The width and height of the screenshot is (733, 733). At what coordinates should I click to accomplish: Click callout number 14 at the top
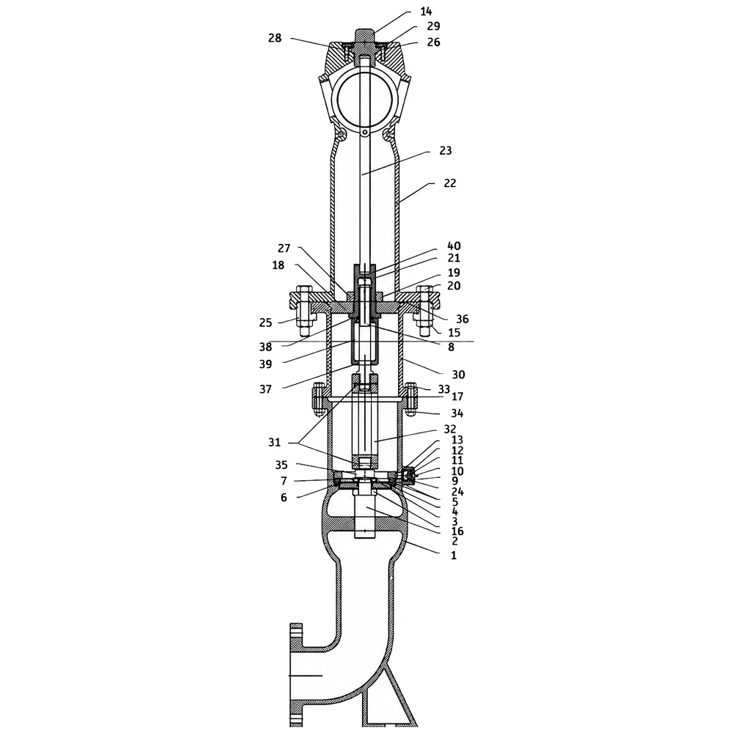(x=427, y=12)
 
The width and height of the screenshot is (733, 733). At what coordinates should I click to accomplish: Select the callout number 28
(x=275, y=38)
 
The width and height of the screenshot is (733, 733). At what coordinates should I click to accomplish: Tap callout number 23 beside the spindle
(x=446, y=150)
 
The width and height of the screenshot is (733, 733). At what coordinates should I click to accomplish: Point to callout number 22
(x=450, y=183)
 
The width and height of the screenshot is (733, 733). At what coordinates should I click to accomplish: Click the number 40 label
(x=454, y=246)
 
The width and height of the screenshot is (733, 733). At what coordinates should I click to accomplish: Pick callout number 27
(x=284, y=248)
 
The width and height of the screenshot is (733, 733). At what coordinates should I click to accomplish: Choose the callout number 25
(x=265, y=323)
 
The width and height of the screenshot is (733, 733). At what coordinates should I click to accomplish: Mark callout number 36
(x=463, y=319)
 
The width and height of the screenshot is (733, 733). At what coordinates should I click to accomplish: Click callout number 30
(x=459, y=375)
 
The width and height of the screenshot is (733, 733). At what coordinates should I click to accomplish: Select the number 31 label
(x=274, y=442)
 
